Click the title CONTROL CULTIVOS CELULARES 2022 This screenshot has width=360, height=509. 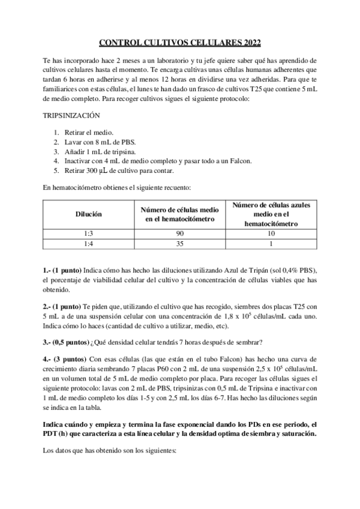[x=180, y=43]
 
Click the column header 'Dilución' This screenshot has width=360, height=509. [x=88, y=214]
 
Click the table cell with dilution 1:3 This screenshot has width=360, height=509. [x=88, y=233]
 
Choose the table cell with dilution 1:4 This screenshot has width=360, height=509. [x=88, y=244]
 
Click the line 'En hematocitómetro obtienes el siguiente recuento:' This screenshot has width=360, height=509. [x=116, y=188]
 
